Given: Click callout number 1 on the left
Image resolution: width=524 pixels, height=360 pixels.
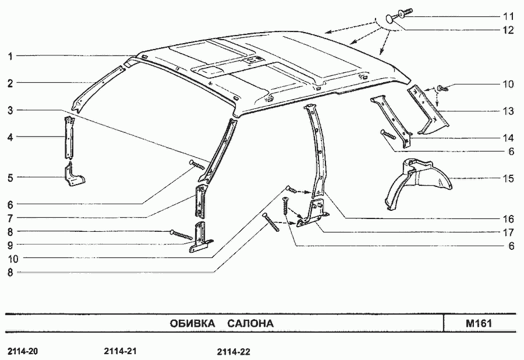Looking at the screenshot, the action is point(10,56).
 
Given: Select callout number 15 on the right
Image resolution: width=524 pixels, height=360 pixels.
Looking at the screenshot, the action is point(508,178).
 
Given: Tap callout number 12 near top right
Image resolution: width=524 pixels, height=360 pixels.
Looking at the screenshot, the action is point(508,30).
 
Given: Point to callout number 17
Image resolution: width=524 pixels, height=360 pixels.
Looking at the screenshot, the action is point(508,232).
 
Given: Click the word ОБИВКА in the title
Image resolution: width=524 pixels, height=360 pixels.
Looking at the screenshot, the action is point(192,323).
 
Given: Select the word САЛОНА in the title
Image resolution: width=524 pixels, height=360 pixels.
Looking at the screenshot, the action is point(250,323).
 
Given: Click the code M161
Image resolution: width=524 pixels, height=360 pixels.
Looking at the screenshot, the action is point(479,323).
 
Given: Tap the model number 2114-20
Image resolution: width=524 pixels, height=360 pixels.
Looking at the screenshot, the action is point(23,351).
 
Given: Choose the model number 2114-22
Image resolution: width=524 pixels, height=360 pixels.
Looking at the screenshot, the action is point(233,352).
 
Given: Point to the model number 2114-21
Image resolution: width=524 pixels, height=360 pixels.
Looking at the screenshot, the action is point(121,351).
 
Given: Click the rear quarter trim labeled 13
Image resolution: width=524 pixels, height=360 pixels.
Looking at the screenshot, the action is point(429,110).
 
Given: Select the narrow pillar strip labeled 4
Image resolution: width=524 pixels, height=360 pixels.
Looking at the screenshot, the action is point(69,137).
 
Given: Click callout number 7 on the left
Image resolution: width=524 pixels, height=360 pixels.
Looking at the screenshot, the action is point(10,218).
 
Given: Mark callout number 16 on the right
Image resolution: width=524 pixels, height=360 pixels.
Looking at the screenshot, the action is point(508,219).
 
